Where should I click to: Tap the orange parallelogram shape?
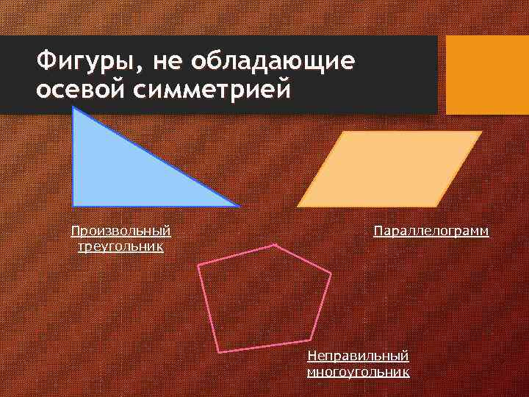(x=390, y=168)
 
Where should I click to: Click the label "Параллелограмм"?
(x=431, y=232)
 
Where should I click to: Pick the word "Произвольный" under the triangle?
(x=120, y=232)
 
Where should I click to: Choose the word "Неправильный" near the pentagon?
(x=358, y=356)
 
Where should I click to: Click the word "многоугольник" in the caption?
(x=358, y=371)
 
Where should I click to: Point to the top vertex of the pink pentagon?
(x=275, y=246)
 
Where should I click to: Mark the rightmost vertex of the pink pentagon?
(x=331, y=273)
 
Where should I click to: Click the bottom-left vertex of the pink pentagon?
(x=219, y=351)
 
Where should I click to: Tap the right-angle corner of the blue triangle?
(x=73, y=205)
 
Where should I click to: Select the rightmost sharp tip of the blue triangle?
(x=237, y=205)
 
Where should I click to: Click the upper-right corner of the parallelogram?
(x=481, y=132)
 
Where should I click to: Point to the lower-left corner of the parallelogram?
(x=298, y=204)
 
